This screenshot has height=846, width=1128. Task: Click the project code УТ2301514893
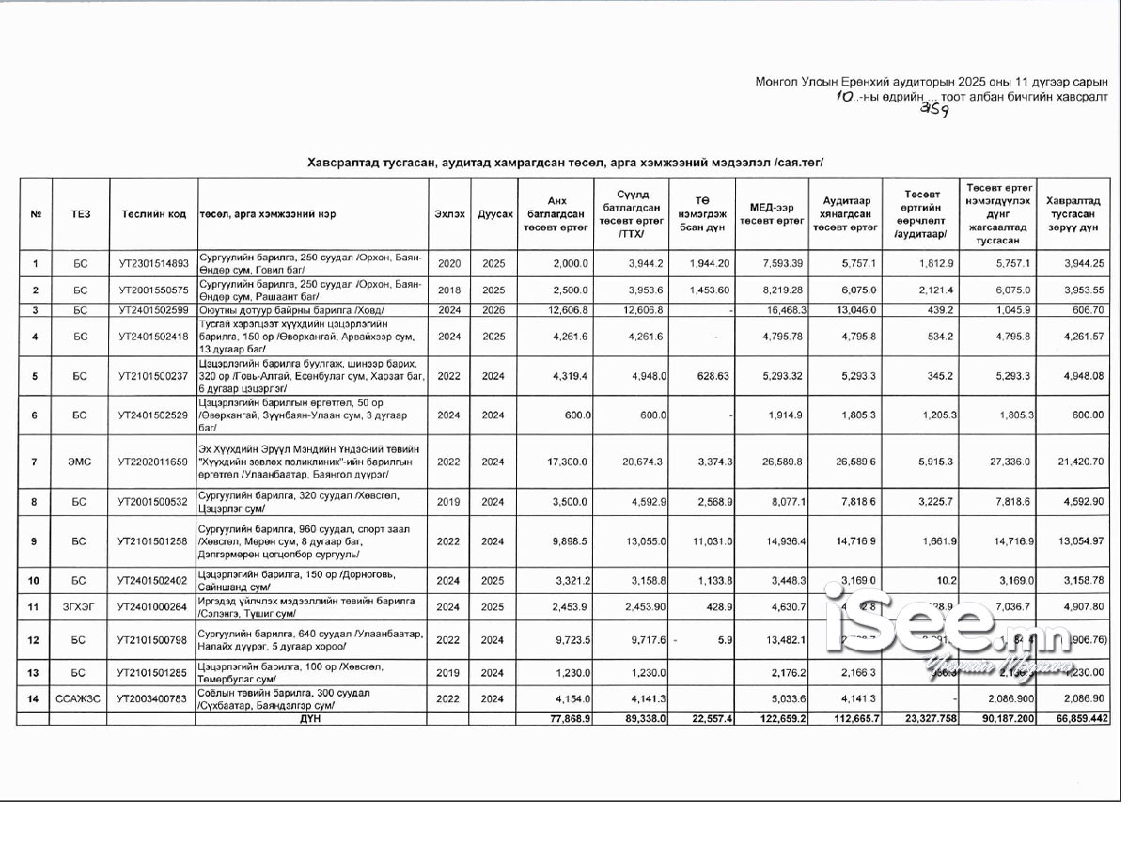pyautogui.click(x=154, y=264)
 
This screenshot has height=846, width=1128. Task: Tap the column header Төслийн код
pyautogui.click(x=154, y=214)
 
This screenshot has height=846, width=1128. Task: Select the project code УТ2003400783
pyautogui.click(x=154, y=698)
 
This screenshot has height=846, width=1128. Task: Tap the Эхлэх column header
pyautogui.click(x=449, y=214)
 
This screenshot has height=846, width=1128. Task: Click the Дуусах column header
pyautogui.click(x=493, y=214)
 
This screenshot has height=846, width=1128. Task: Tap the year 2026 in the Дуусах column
pyautogui.click(x=493, y=309)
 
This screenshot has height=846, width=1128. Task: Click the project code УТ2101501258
pyautogui.click(x=154, y=541)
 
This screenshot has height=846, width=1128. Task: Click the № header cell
pyautogui.click(x=36, y=214)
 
